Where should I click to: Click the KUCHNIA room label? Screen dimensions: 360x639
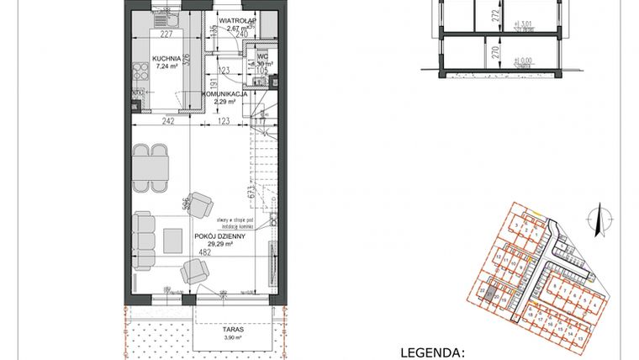coord(164,59)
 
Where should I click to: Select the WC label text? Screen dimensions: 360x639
coord(262,56)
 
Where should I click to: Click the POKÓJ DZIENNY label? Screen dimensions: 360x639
coord(216,238)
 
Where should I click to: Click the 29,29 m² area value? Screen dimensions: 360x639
coord(216,246)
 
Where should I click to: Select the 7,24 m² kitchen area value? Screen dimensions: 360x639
coord(164,67)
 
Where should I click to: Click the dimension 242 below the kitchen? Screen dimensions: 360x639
coord(168,122)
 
